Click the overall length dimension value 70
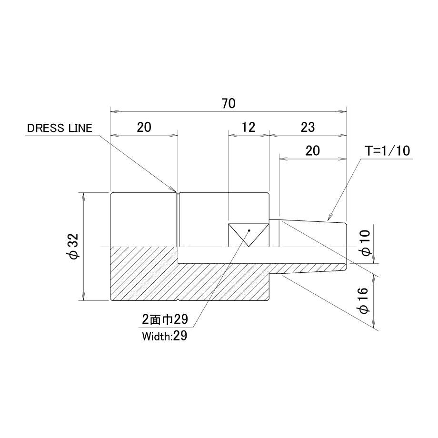(229, 103)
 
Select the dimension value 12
(249, 128)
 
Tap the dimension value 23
(308, 128)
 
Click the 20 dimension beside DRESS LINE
(144, 128)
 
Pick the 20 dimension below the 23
(313, 151)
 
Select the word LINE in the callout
(80, 128)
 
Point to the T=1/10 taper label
(388, 151)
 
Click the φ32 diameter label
(74, 246)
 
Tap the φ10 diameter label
(366, 242)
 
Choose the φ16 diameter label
(363, 300)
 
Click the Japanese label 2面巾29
(165, 319)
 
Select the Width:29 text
(165, 336)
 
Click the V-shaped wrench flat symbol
(249, 235)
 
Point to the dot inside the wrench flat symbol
(249, 230)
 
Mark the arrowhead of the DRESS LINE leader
(175, 190)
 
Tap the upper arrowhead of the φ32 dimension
(83, 196)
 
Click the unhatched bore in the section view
(262, 255)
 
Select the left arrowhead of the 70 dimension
(115, 112)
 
